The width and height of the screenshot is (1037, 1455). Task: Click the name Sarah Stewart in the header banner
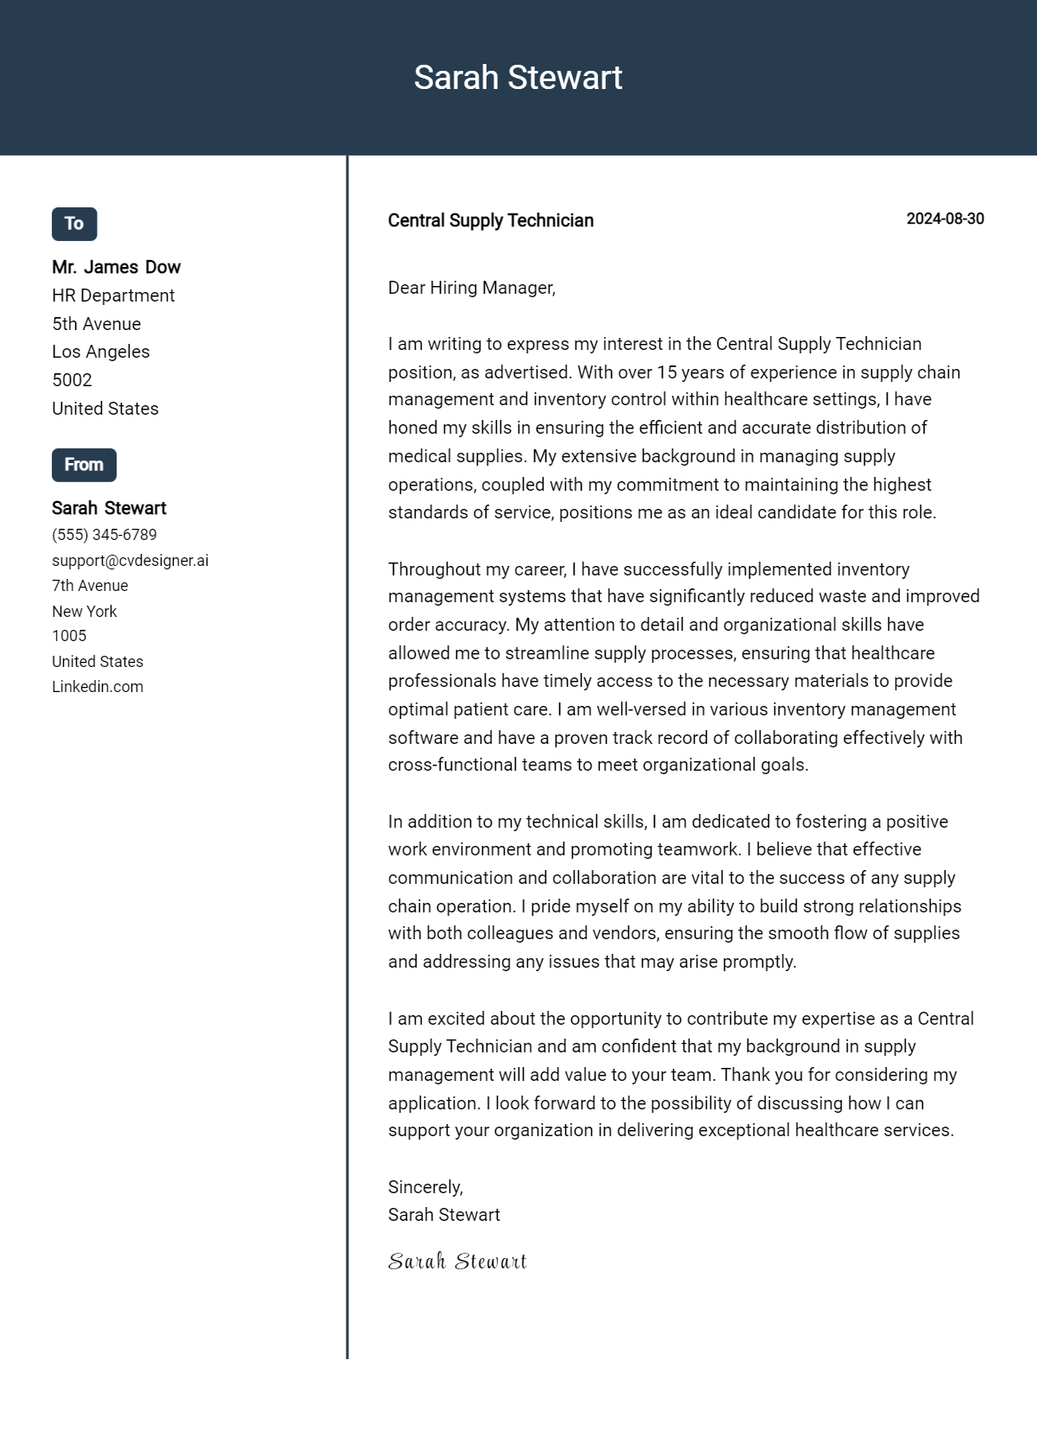pyautogui.click(x=518, y=78)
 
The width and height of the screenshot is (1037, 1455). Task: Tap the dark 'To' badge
pyautogui.click(x=74, y=224)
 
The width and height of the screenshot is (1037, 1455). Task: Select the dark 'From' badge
pyautogui.click(x=84, y=465)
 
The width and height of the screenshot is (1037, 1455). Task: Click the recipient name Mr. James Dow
pyautogui.click(x=116, y=267)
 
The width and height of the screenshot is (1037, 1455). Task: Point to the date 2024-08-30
pyautogui.click(x=945, y=219)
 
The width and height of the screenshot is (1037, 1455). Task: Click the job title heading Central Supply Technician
pyautogui.click(x=490, y=220)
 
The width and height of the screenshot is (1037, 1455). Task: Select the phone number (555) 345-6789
pyautogui.click(x=105, y=535)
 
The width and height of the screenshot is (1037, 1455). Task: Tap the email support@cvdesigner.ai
pyautogui.click(x=130, y=560)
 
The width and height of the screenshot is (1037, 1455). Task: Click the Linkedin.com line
pyautogui.click(x=98, y=687)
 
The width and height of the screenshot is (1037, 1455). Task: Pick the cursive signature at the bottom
pyautogui.click(x=457, y=1261)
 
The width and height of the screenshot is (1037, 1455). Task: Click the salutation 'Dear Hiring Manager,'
pyautogui.click(x=471, y=288)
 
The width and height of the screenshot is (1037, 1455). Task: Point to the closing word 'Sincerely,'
pyautogui.click(x=425, y=1187)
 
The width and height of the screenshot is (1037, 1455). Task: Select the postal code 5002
pyautogui.click(x=72, y=380)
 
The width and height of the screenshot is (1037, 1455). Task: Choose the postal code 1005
pyautogui.click(x=69, y=636)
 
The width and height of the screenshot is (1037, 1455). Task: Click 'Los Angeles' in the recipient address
pyautogui.click(x=100, y=352)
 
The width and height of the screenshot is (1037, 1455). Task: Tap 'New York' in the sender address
pyautogui.click(x=84, y=611)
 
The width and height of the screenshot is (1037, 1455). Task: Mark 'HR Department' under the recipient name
pyautogui.click(x=113, y=295)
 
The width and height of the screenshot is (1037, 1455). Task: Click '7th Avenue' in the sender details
pyautogui.click(x=90, y=586)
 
